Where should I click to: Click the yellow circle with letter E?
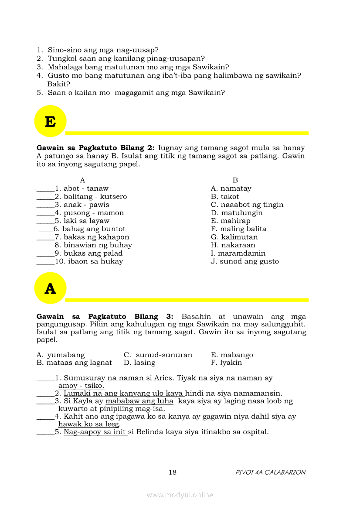pos(50,121)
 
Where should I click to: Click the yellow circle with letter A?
pos(50,288)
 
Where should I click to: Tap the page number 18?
pos(172,472)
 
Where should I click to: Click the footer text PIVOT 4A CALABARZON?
pos(270,472)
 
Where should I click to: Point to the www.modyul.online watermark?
pos(180,495)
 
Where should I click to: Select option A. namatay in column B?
pos(231,188)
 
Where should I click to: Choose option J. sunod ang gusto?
pos(245,261)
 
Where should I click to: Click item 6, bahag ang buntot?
pos(89,229)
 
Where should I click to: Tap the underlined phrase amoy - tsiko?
pos(81,386)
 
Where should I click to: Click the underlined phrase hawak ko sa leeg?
pos(89,424)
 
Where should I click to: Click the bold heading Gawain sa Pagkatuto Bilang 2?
pos(95,148)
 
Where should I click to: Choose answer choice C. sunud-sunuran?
pos(158,355)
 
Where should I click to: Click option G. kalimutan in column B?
pos(234,237)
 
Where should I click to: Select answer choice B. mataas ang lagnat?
pos(74,363)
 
